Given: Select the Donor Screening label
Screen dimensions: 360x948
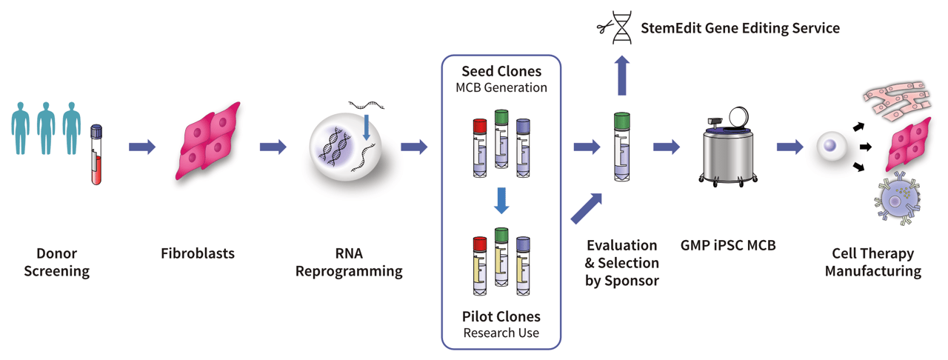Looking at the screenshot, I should pos(57,262).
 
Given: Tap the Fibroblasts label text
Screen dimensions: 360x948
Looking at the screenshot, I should pos(198,253).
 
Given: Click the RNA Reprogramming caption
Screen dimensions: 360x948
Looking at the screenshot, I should pos(349,262).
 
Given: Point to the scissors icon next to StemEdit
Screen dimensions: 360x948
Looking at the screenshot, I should pos(606,29).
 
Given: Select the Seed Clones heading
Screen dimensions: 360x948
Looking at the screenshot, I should pos(501,71).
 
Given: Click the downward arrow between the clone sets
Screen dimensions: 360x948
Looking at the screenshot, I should pos(501,200).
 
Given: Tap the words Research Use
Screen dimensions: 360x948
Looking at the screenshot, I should pos(501,333).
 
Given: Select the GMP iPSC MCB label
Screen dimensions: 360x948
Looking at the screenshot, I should pos(728,245).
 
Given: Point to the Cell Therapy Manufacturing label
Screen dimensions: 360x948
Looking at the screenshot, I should pos(873,262).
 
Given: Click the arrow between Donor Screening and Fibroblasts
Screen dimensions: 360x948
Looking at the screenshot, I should pos(142,147).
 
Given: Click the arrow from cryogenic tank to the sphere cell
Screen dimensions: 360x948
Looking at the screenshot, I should pos(790,147).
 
